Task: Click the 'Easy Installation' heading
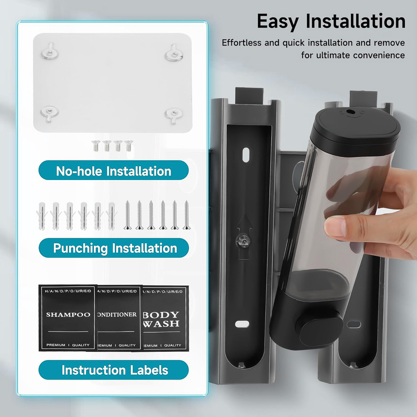pos(331,21)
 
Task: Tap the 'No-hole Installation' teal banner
pos(114,170)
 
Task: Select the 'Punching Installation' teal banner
pos(114,248)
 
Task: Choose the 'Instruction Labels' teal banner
pos(114,370)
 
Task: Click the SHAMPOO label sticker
pos(68,318)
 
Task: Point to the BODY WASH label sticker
pos(165,318)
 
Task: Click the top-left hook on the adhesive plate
pos(50,51)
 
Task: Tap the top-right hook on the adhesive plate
pos(174,53)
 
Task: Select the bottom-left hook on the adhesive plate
pos(49,113)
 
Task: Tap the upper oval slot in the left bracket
pos(246,155)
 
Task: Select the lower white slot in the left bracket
pos(242,324)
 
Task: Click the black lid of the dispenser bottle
pos(357,127)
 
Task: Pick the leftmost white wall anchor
pos(42,216)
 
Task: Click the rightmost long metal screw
pos(187,215)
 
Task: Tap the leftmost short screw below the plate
pos(96,146)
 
